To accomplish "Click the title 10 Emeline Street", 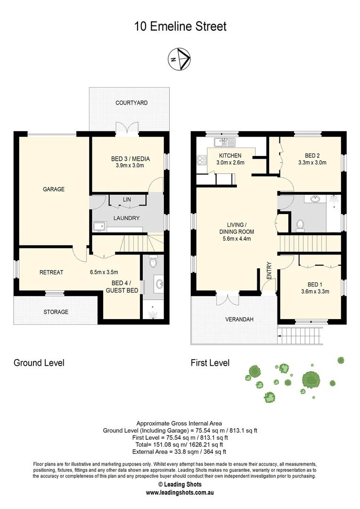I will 180,26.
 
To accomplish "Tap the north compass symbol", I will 180,59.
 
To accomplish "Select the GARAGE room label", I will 53,189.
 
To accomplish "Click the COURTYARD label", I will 131,103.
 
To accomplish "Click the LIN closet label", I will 127,200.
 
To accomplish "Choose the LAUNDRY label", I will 126,218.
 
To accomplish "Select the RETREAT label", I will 51,272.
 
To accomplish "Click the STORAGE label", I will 56,312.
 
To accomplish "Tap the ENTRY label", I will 269,271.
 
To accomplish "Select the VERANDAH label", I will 240,319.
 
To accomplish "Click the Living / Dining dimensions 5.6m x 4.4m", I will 236,238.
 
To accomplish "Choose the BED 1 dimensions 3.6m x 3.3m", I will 311,291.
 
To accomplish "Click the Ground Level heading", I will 39,362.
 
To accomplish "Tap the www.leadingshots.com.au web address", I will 180,493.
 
